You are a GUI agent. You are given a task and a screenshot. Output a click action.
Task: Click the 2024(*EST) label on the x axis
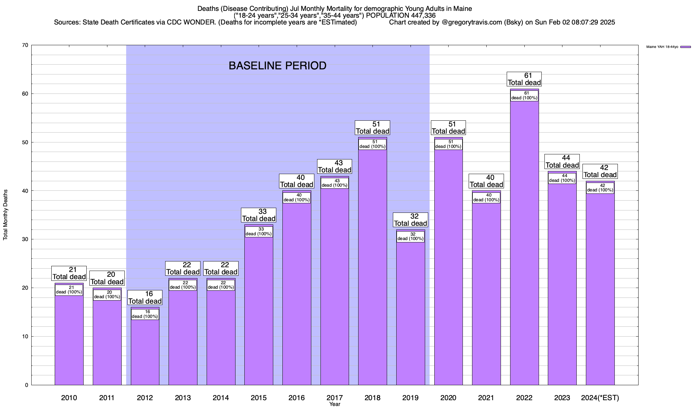(x=600, y=397)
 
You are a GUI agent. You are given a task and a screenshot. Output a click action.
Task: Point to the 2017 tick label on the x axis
(x=335, y=397)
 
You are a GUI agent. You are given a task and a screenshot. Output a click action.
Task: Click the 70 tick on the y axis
(x=25, y=45)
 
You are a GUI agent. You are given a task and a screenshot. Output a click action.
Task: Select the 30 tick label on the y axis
(x=25, y=239)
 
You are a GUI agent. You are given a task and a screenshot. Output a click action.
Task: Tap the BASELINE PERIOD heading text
(x=277, y=66)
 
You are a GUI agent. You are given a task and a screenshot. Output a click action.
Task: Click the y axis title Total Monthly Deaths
(x=5, y=215)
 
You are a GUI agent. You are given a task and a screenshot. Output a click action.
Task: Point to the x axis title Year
(x=335, y=404)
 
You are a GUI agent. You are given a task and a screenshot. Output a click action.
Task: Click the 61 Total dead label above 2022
(x=524, y=79)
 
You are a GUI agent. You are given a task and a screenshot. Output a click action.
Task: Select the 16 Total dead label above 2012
(x=145, y=297)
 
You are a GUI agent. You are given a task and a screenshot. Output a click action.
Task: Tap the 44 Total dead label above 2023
(x=562, y=161)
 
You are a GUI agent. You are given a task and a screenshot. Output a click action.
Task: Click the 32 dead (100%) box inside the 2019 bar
(x=411, y=237)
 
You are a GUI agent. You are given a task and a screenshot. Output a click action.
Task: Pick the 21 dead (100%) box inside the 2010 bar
(x=69, y=290)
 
